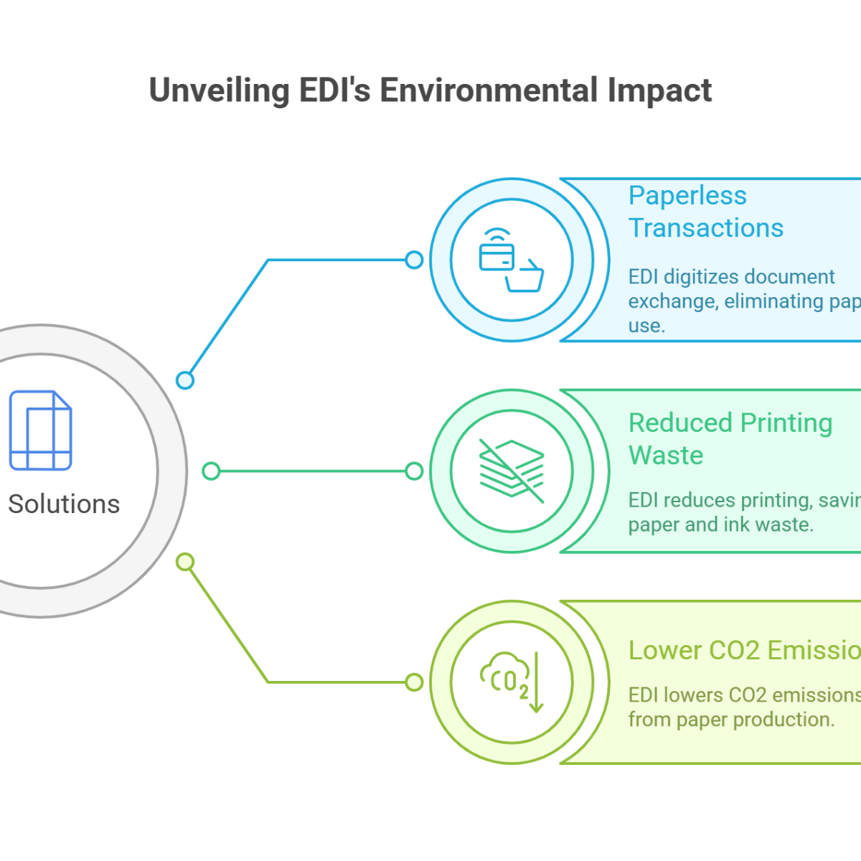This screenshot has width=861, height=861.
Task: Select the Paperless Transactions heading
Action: pyautogui.click(x=705, y=212)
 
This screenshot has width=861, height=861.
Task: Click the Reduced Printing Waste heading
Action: pyautogui.click(x=730, y=438)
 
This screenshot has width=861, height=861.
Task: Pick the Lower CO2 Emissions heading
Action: pyautogui.click(x=744, y=650)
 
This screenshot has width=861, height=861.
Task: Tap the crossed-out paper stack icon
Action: pyautogui.click(x=511, y=471)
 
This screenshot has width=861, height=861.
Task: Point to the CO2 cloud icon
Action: pyautogui.click(x=511, y=682)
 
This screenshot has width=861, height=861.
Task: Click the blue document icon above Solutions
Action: pyautogui.click(x=40, y=430)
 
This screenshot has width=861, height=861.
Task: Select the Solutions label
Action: pyautogui.click(x=63, y=504)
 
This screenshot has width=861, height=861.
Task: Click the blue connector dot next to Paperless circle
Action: pyautogui.click(x=414, y=260)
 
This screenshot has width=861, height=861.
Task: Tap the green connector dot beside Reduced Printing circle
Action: pyautogui.click(x=414, y=471)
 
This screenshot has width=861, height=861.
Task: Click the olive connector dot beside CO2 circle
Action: pyautogui.click(x=414, y=682)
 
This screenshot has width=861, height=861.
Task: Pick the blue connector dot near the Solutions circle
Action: pyautogui.click(x=185, y=380)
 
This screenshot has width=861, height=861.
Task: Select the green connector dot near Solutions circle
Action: pyautogui.click(x=210, y=471)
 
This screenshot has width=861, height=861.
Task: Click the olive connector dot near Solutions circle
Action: pyautogui.click(x=185, y=562)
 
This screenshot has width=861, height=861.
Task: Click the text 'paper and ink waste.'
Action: pyautogui.click(x=720, y=524)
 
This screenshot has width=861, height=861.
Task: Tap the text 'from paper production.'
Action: pyautogui.click(x=731, y=719)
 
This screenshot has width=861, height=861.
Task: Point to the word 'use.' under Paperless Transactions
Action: pyautogui.click(x=646, y=326)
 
